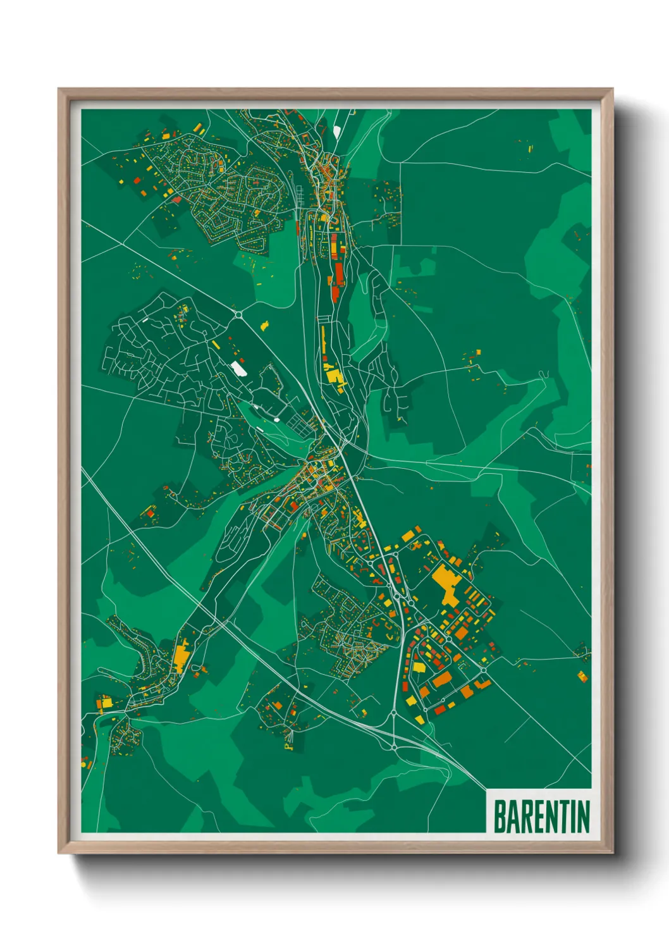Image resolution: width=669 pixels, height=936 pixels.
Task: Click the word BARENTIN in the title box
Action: (x=541, y=816)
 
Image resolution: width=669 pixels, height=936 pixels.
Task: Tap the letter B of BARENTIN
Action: (x=500, y=816)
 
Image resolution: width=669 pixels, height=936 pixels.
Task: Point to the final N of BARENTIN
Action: (x=583, y=816)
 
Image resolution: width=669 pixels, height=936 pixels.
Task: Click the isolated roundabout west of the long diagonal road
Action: (x=238, y=314)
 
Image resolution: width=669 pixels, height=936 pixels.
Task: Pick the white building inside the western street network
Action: (x=238, y=367)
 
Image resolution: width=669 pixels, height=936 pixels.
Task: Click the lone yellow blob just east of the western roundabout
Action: (x=264, y=326)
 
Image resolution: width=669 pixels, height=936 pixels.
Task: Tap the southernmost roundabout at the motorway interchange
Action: (x=394, y=747)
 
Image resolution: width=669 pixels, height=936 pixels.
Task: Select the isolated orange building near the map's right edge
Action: (x=582, y=676)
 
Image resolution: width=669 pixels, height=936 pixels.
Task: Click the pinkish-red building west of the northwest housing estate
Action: (x=177, y=199)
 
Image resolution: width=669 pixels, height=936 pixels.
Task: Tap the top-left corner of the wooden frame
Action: (x=59, y=89)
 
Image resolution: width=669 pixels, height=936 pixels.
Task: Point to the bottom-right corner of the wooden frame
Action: (x=612, y=853)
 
